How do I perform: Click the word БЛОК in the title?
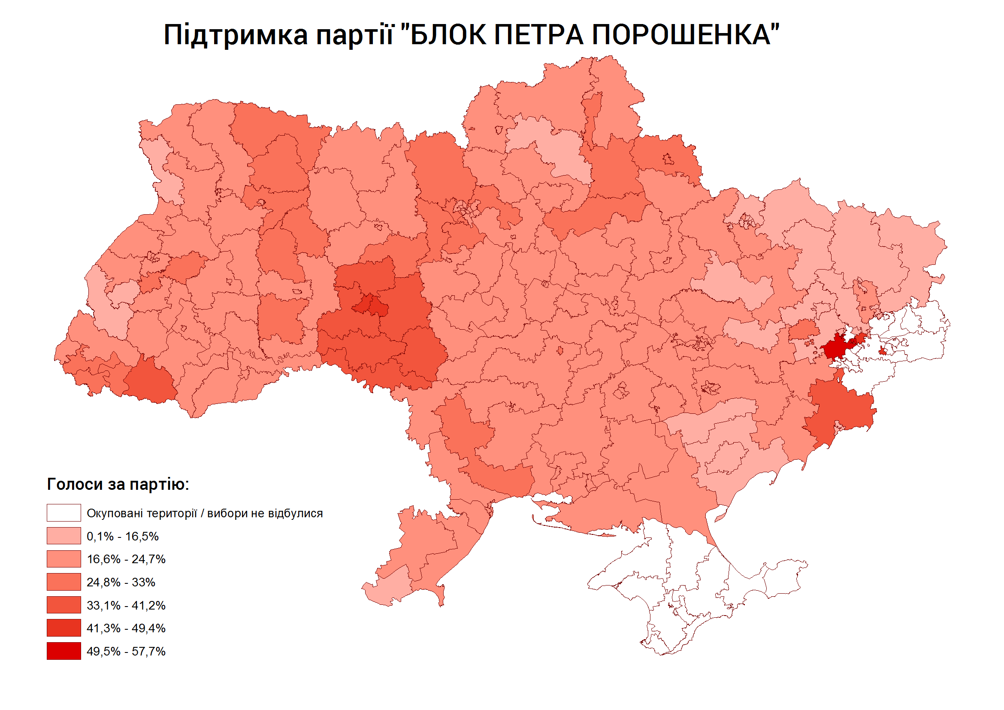click(x=448, y=35)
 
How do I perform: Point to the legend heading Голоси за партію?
click(x=118, y=484)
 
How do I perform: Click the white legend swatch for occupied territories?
click(x=64, y=513)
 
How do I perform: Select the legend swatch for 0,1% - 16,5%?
click(x=64, y=536)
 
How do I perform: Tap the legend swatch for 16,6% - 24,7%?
click(x=64, y=558)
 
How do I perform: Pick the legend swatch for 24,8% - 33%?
click(x=64, y=582)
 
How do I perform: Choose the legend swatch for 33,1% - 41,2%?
click(x=64, y=605)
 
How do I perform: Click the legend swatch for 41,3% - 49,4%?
click(x=64, y=628)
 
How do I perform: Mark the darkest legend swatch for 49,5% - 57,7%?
click(x=64, y=651)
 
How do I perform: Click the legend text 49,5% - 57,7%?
click(x=126, y=651)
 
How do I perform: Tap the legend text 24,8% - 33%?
click(x=121, y=582)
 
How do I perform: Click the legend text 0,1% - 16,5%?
click(x=122, y=536)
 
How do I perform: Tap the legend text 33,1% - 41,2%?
click(x=126, y=605)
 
